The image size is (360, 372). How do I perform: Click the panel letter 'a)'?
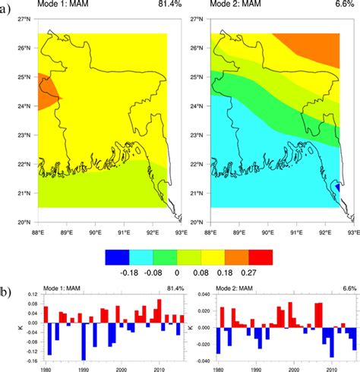(x=7, y=10)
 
